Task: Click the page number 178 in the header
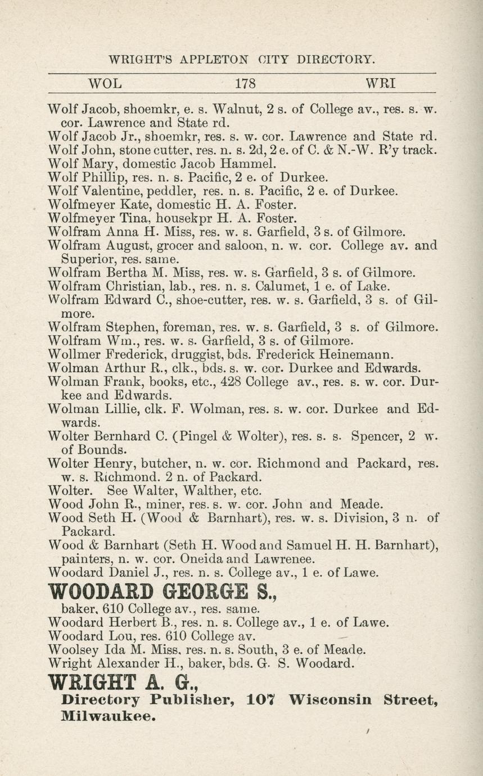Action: click(245, 84)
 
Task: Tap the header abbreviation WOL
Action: click(105, 84)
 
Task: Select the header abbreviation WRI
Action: click(381, 84)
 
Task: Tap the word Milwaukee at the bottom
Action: click(107, 717)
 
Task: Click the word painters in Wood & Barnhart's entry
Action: click(87, 559)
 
